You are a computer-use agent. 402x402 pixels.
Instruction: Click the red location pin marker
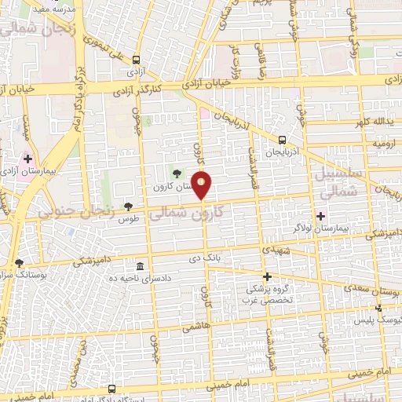(x=202, y=185)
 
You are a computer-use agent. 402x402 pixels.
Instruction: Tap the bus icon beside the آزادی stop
(x=137, y=60)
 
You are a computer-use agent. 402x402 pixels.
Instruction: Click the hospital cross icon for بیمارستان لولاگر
(x=320, y=216)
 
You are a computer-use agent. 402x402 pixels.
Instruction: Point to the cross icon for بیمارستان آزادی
(x=27, y=159)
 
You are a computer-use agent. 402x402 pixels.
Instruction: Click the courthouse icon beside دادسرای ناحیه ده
(x=141, y=265)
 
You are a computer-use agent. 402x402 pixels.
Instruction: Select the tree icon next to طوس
(x=129, y=206)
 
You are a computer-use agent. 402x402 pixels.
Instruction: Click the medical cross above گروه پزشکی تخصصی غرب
(x=267, y=276)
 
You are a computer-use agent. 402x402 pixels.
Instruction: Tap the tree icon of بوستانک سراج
(x=19, y=262)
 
